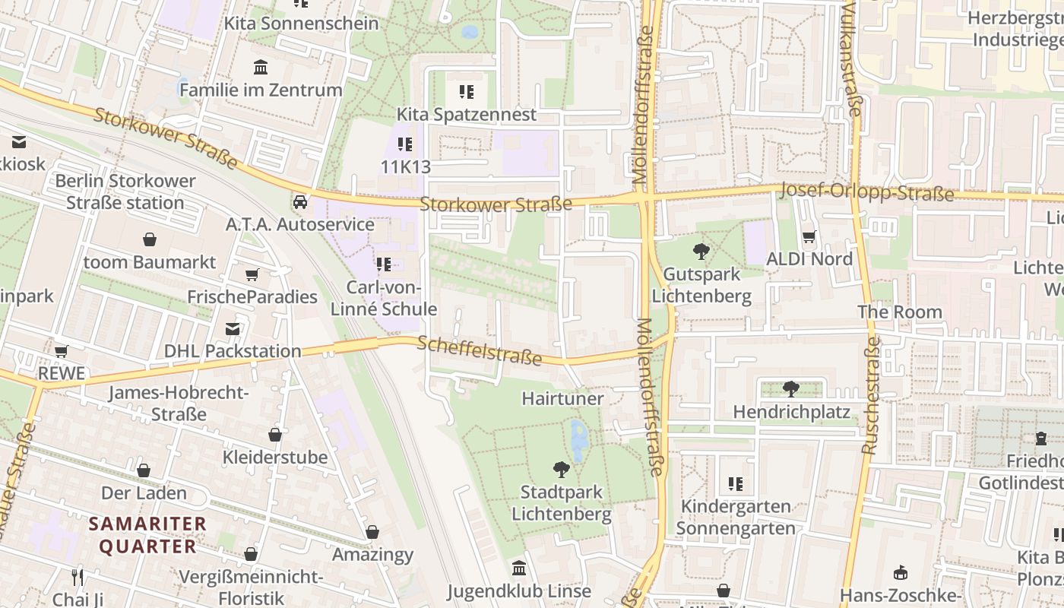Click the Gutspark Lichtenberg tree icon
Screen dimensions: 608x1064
[x=701, y=252]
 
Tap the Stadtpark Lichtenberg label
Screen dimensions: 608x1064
[x=562, y=503]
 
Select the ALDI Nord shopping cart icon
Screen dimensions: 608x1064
[x=809, y=237]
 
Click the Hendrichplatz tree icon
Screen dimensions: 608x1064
[x=791, y=389]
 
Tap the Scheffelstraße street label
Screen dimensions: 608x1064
[x=480, y=350]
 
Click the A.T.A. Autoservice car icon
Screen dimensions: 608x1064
[x=300, y=202]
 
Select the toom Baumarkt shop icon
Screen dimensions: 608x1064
[x=150, y=240]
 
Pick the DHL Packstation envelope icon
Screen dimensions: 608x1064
[x=233, y=329]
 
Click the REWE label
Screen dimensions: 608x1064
[x=62, y=374]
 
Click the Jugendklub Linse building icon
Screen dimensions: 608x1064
[x=519, y=568]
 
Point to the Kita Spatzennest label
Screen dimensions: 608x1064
[x=467, y=115]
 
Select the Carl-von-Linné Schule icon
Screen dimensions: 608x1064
[x=384, y=264]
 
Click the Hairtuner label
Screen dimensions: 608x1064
[x=562, y=398]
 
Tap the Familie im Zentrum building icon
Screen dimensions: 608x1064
[x=261, y=68]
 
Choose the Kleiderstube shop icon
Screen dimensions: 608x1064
[x=275, y=435]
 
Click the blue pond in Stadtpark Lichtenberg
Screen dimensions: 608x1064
[x=578, y=439]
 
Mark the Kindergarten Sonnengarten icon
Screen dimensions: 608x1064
[x=735, y=483]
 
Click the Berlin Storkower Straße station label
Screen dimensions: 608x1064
[x=125, y=192]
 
